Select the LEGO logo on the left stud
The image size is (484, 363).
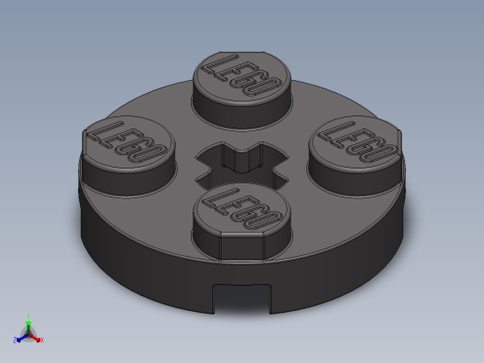coord(126,142)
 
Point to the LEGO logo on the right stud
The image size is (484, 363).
coord(357,141)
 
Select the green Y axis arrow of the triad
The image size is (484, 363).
coord(28,319)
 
